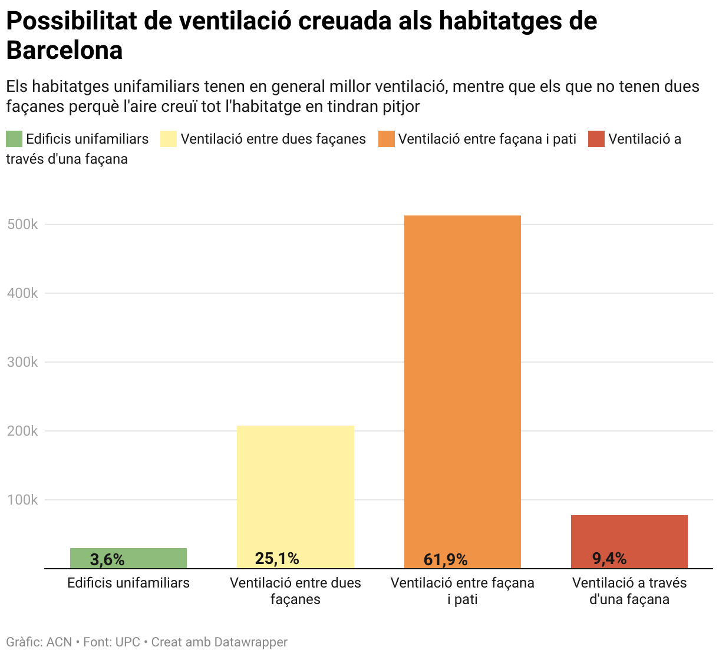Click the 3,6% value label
[107, 559]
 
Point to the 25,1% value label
[277, 558]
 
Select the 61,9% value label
[446, 559]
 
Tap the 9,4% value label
[609, 558]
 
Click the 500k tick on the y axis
[22, 224]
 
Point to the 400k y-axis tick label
[22, 293]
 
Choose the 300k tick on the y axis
[22, 362]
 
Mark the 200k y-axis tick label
[22, 431]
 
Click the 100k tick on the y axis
[22, 500]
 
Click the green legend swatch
[14, 139]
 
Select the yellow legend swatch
[169, 139]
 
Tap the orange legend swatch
[386, 139]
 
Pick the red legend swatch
[596, 139]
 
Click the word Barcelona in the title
[64, 51]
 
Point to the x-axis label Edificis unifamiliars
[128, 583]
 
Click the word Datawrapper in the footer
[250, 642]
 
